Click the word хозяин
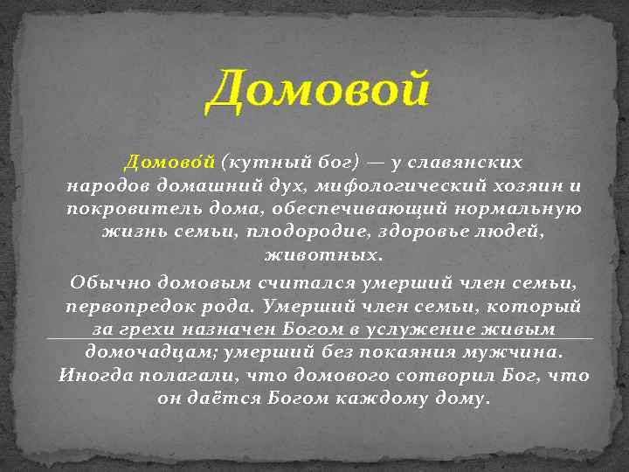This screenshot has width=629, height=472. click(524, 186)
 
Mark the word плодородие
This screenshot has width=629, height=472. click(305, 233)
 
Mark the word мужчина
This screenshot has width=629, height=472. click(518, 352)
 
